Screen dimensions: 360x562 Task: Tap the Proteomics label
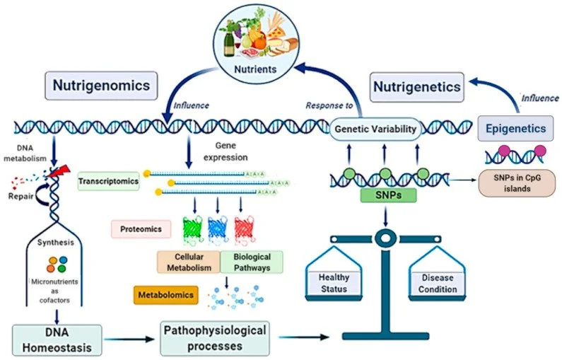[x=141, y=229]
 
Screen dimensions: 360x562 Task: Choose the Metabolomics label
[x=165, y=292]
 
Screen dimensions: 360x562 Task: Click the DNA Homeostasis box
[x=57, y=338]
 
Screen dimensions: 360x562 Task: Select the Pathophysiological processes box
[x=215, y=338]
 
